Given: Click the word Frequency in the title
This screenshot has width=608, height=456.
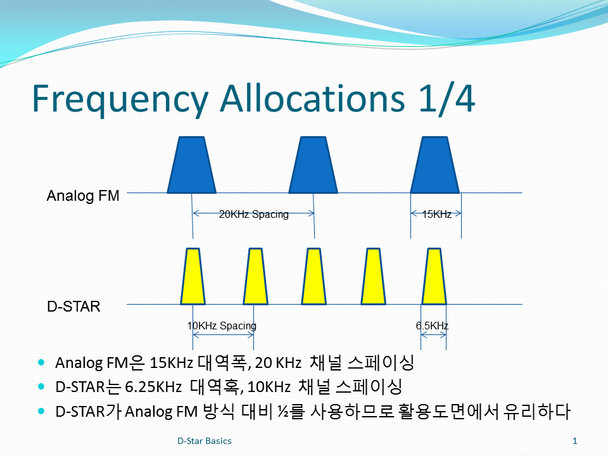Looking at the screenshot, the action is pyautogui.click(x=120, y=99).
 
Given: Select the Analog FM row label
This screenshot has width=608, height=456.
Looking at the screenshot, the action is pyautogui.click(x=83, y=196).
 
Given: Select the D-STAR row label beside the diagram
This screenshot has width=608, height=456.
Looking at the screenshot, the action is pyautogui.click(x=73, y=307).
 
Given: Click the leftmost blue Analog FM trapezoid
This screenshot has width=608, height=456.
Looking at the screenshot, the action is pyautogui.click(x=191, y=165).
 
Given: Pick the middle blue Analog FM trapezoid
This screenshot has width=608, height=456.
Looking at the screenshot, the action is pyautogui.click(x=313, y=165).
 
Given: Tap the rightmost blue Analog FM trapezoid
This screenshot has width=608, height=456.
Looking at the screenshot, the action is pyautogui.click(x=435, y=165).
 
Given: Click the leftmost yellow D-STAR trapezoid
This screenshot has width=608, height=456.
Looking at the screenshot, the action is pyautogui.click(x=193, y=277).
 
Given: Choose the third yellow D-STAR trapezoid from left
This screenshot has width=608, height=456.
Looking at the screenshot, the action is pyautogui.click(x=313, y=277).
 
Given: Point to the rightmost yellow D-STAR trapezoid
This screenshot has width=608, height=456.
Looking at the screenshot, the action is pyautogui.click(x=434, y=277).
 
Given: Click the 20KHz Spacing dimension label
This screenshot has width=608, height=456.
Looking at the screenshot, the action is pyautogui.click(x=253, y=215).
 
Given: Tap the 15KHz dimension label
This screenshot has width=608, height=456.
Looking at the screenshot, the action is pyautogui.click(x=436, y=215).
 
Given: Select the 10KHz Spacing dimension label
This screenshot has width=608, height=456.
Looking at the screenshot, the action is pyautogui.click(x=222, y=326).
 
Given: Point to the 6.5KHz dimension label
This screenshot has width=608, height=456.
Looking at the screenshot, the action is pyautogui.click(x=433, y=326).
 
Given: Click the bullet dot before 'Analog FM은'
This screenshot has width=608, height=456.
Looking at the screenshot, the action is pyautogui.click(x=42, y=363).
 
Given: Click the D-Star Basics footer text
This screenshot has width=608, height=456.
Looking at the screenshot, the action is pyautogui.click(x=205, y=441).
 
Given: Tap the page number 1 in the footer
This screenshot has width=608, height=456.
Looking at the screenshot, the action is pyautogui.click(x=575, y=441).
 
